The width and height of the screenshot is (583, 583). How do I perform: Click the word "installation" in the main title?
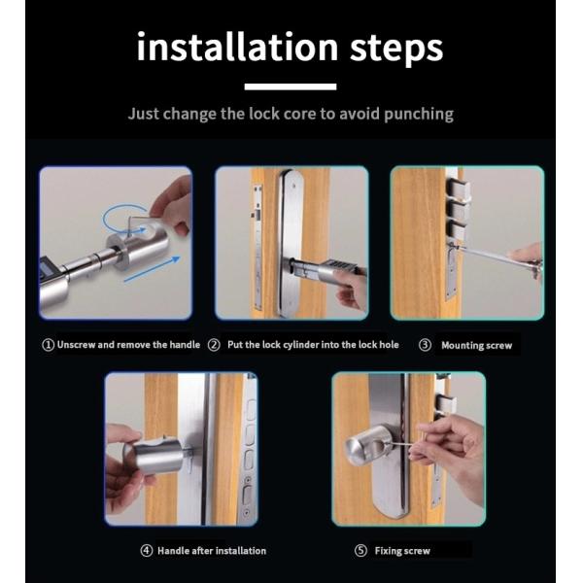coord(238,47)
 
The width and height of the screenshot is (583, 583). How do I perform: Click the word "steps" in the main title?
coord(396,51)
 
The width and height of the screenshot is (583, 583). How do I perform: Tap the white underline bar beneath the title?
coord(291,86)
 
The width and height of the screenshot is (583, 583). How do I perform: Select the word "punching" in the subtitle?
coord(419,114)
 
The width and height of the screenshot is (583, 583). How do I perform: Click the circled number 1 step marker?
coord(48,345)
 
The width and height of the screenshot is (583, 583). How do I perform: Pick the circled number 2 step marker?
coord(214,345)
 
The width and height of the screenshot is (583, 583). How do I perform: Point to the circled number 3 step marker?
coord(425,345)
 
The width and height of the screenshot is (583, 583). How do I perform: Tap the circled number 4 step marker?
coord(147,550)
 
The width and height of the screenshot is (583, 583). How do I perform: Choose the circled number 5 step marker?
coord(360,550)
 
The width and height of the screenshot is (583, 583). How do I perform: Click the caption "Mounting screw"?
coord(477,346)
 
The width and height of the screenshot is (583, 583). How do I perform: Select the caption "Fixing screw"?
coord(402,551)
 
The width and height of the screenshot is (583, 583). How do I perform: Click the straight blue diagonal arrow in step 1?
coord(152,269)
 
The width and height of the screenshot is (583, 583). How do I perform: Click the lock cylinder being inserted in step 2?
coord(324,270)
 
